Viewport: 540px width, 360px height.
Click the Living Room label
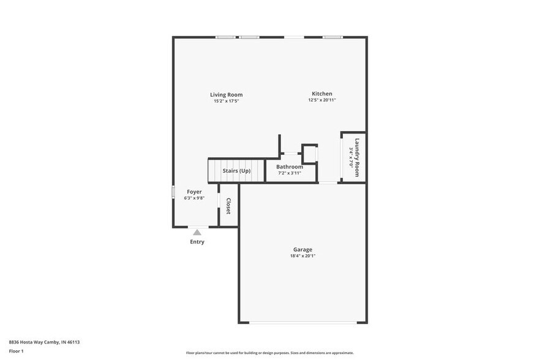coord(226,95)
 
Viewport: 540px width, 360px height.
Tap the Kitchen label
coord(321,94)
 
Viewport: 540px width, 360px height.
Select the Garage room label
coord(302,250)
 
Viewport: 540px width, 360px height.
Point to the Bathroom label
coord(289,167)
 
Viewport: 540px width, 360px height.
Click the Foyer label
coord(194,192)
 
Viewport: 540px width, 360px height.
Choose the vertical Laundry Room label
coord(357,157)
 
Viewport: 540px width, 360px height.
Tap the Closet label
coord(228,206)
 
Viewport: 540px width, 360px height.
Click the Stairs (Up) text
coord(236,171)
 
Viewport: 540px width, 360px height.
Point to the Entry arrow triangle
coord(197,232)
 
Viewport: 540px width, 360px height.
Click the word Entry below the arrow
coord(197,242)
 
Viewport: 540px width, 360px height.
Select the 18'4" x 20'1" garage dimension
coord(302,256)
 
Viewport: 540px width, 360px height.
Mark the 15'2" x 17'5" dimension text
coord(226,101)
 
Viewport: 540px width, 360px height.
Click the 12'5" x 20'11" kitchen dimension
coord(321,100)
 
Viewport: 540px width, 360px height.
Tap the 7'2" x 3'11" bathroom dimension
coord(289,173)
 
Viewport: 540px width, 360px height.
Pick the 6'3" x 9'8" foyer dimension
coord(194,198)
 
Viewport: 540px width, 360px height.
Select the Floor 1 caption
coord(16,351)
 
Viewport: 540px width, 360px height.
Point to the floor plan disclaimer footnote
coord(269,353)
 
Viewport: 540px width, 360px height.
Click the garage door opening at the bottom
coord(302,323)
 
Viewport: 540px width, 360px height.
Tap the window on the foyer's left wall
coord(173,191)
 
